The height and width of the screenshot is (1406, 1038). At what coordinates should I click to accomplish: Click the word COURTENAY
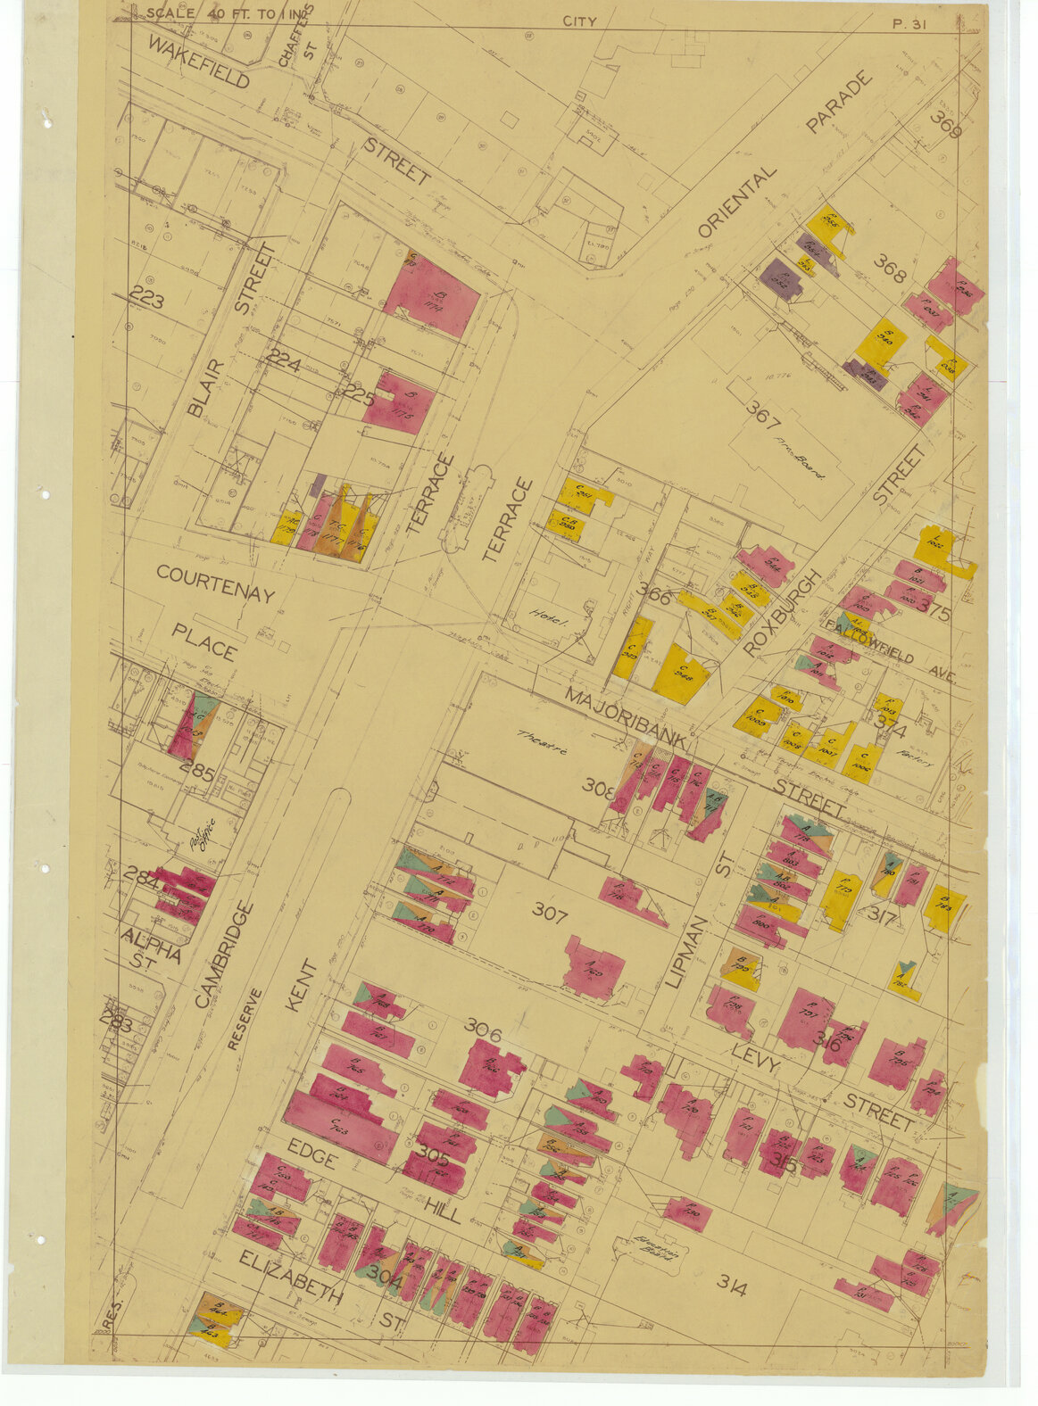tap(215, 583)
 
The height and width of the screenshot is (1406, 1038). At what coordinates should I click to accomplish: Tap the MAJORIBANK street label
tap(625, 718)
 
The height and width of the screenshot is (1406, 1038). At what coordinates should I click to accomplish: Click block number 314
tap(731, 1285)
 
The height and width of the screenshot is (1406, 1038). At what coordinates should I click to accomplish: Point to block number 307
tap(550, 911)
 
